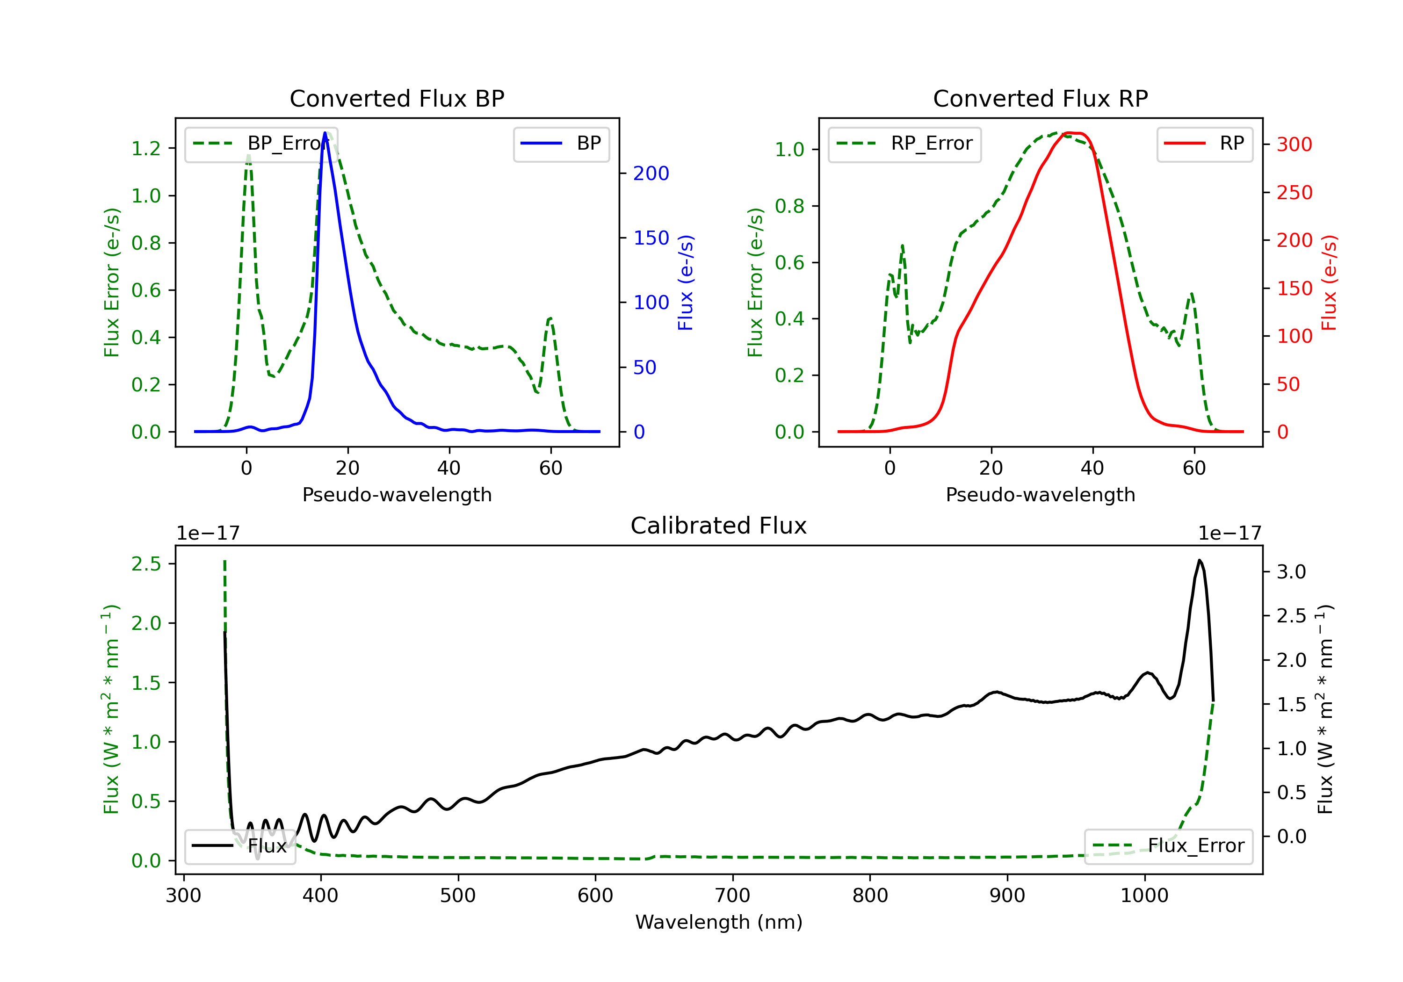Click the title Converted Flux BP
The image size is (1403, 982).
[397, 98]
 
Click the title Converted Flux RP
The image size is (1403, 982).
[1040, 98]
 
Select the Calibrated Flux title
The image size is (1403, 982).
[719, 526]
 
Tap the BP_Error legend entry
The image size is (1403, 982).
[261, 144]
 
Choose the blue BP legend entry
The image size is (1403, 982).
[561, 144]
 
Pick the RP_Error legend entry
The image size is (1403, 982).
[904, 144]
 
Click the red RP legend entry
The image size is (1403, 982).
[1204, 144]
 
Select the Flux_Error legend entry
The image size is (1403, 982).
[1168, 846]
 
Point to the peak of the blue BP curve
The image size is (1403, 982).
[325, 133]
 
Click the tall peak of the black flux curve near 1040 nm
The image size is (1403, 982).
[1199, 560]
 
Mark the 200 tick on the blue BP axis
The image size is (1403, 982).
[651, 173]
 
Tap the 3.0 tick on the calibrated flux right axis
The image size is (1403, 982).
[1291, 572]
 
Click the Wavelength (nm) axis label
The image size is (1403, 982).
[719, 922]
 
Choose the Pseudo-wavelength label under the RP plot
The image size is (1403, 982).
[1040, 494]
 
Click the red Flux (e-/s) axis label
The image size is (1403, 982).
[1330, 283]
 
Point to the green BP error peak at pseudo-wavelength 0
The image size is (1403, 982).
[248, 155]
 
